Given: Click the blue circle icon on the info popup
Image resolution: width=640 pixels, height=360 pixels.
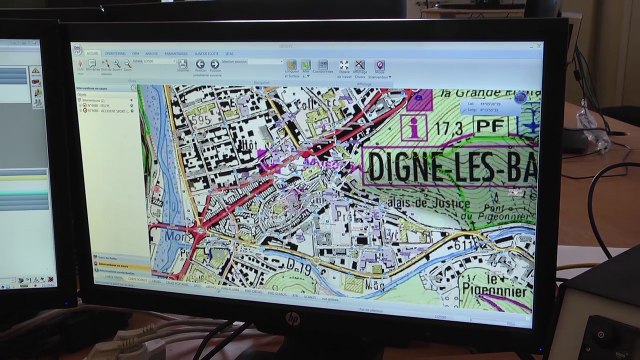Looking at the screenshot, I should (519, 98).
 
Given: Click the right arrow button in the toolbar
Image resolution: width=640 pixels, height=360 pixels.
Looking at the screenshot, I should (214, 66).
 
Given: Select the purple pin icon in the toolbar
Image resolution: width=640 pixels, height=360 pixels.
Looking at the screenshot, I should (379, 66).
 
